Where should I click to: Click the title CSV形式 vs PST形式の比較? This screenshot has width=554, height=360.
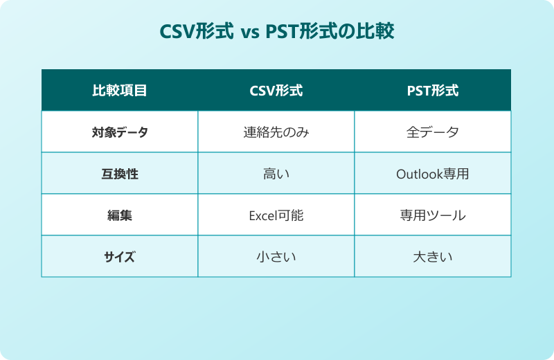tap(277, 32)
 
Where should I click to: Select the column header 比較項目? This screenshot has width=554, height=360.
tap(120, 91)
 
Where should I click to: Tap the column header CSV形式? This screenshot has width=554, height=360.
tap(276, 91)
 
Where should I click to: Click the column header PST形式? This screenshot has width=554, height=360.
tap(433, 91)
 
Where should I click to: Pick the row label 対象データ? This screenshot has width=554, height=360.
tap(120, 132)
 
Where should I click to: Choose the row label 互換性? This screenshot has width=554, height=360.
tap(120, 174)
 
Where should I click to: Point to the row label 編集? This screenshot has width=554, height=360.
tap(120, 215)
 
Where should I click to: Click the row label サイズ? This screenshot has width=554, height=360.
tap(120, 257)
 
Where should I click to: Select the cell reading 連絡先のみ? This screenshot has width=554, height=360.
tap(276, 132)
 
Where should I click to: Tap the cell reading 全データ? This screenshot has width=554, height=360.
tap(433, 132)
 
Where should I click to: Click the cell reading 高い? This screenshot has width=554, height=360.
tap(276, 174)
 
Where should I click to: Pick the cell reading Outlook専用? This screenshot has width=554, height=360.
tap(433, 174)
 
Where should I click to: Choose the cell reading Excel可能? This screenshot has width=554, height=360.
tap(276, 215)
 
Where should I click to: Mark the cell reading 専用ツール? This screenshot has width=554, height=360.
tap(433, 215)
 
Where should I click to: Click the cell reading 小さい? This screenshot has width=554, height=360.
tap(276, 257)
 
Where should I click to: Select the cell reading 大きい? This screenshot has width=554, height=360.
tap(433, 257)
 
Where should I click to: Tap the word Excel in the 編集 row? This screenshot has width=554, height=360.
tap(262, 216)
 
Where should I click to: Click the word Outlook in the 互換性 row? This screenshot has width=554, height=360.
tap(419, 174)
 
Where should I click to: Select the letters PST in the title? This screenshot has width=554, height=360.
tap(281, 33)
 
